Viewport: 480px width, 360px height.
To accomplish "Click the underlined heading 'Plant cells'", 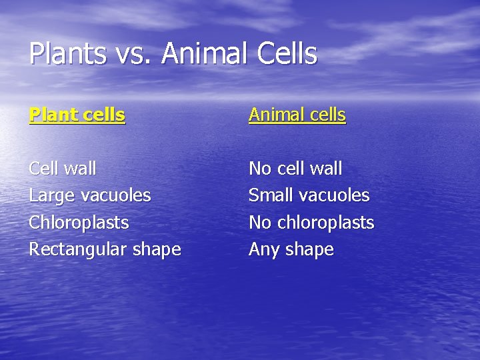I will [x=77, y=115].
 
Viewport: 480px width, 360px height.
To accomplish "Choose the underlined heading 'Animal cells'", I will [x=297, y=115].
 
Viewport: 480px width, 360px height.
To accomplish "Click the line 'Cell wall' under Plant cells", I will [x=63, y=169].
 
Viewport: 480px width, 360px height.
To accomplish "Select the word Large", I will [x=51, y=196].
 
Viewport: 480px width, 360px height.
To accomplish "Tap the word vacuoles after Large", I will [x=115, y=196].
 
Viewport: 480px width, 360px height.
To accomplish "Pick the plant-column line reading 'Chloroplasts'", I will [x=79, y=223].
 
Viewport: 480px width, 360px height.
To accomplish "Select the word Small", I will [x=271, y=196].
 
